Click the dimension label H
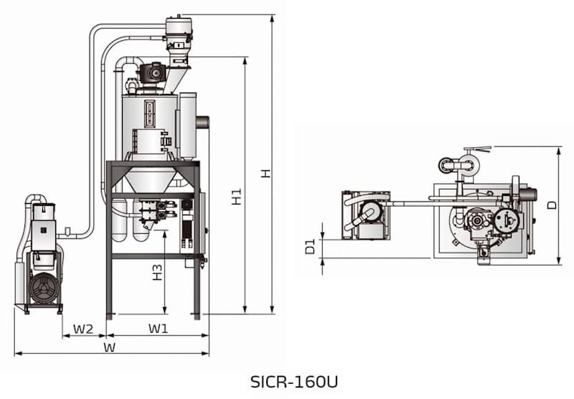coord(265,173)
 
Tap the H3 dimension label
coord(157,272)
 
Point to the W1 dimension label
coord(158,329)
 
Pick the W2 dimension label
coord(83,329)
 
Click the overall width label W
coord(110,347)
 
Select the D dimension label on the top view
coord(551,205)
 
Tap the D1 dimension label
coord(310,247)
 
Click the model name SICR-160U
coord(287,380)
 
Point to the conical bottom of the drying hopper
coord(152,177)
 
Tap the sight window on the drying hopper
coord(150,113)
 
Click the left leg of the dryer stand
coord(109,244)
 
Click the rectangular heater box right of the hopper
coord(188,126)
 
